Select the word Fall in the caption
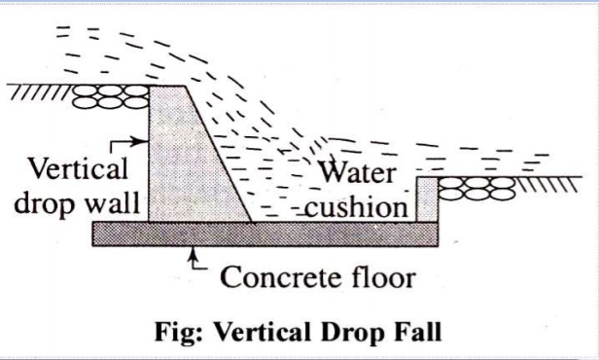pyautogui.click(x=420, y=330)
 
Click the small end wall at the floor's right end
pyautogui.click(x=429, y=199)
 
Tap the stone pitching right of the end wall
pyautogui.click(x=474, y=186)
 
